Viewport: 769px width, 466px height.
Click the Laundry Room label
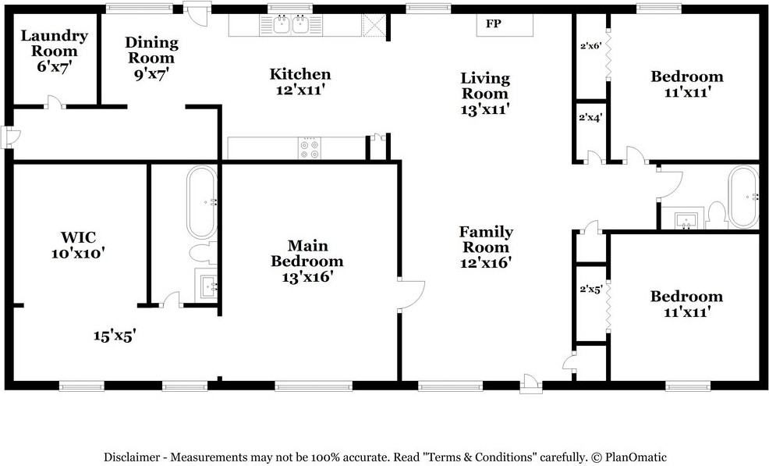[x=54, y=51]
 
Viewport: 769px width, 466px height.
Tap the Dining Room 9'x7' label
[x=151, y=58]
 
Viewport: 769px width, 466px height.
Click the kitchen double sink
[x=292, y=25]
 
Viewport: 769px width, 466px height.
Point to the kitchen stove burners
[x=309, y=148]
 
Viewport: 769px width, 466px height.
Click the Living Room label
[x=484, y=93]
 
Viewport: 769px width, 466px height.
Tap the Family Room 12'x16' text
[x=485, y=247]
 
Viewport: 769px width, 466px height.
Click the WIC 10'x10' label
[x=78, y=244]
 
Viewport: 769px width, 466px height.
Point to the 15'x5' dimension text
[x=115, y=336]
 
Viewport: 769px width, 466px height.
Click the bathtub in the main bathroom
[x=202, y=202]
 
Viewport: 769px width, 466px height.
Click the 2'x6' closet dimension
[x=590, y=45]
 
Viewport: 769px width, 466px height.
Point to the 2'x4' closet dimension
[x=590, y=118]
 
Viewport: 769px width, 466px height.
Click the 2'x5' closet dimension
[x=590, y=290]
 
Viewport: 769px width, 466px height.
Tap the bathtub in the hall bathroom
[x=742, y=197]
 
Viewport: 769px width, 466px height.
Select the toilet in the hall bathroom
[x=716, y=215]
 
